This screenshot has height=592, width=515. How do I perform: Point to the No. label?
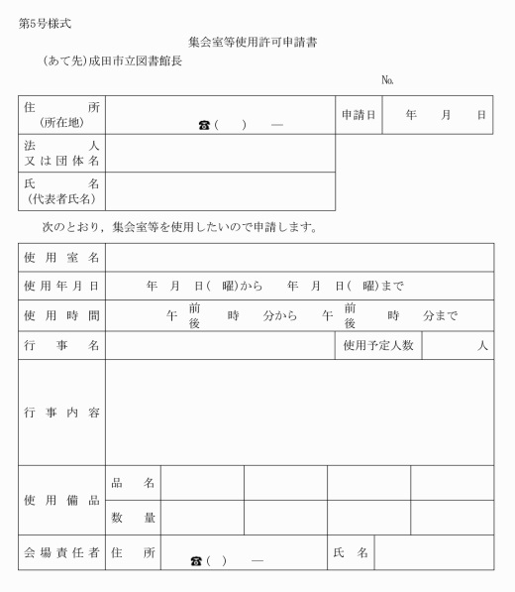[x=388, y=80]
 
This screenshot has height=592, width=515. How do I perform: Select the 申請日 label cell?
[x=359, y=115]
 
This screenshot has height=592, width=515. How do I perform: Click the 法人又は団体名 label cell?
[x=61, y=154]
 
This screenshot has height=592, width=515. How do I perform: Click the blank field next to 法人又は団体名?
[x=220, y=154]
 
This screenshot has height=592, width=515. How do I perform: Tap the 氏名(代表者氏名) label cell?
[x=61, y=191]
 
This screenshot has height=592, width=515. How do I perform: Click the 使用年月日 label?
[x=61, y=286]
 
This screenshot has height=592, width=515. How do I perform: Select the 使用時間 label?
[x=61, y=315]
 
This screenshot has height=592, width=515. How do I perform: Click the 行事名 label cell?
[x=61, y=345]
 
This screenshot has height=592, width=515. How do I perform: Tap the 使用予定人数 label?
[x=378, y=345]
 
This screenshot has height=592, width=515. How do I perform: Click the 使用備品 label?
[x=61, y=500]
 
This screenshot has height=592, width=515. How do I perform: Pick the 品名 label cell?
[x=133, y=483]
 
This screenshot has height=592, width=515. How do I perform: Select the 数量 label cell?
[x=133, y=518]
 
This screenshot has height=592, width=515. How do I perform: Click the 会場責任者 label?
[x=61, y=552]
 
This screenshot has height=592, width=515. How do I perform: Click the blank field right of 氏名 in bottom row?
[x=433, y=552]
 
